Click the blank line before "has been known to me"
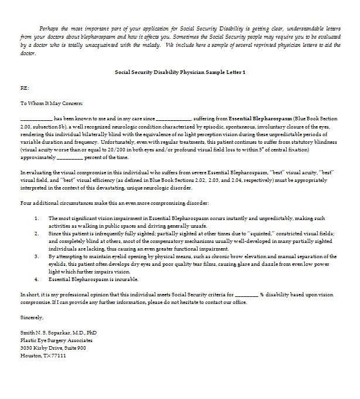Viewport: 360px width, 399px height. click(36, 119)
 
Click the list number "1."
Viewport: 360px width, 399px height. click(36, 218)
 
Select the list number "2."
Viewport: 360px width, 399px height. click(36, 233)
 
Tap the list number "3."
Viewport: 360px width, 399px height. click(36, 256)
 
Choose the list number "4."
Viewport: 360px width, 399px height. click(36, 279)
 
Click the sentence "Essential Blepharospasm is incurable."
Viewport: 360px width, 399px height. click(89, 279)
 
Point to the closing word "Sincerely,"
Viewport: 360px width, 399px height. click(32, 317)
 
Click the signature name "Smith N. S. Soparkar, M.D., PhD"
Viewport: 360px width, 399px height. click(59, 333)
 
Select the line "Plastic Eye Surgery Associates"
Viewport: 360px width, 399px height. click(56, 340)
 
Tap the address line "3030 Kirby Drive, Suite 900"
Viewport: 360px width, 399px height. click(53, 348)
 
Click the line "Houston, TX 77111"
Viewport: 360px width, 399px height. click(43, 356)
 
